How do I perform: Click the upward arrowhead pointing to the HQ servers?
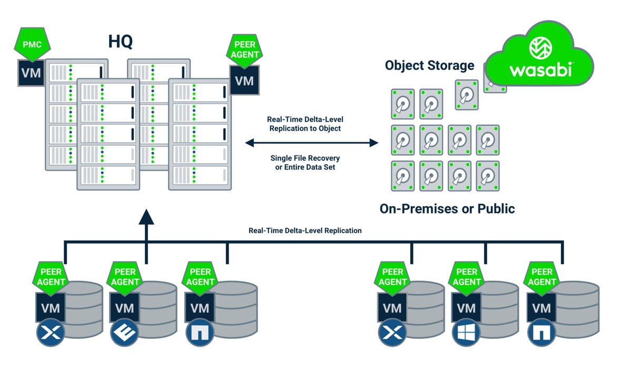pyautogui.click(x=146, y=216)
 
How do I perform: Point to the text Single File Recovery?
pyautogui.click(x=305, y=158)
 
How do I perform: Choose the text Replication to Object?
pyautogui.click(x=305, y=128)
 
